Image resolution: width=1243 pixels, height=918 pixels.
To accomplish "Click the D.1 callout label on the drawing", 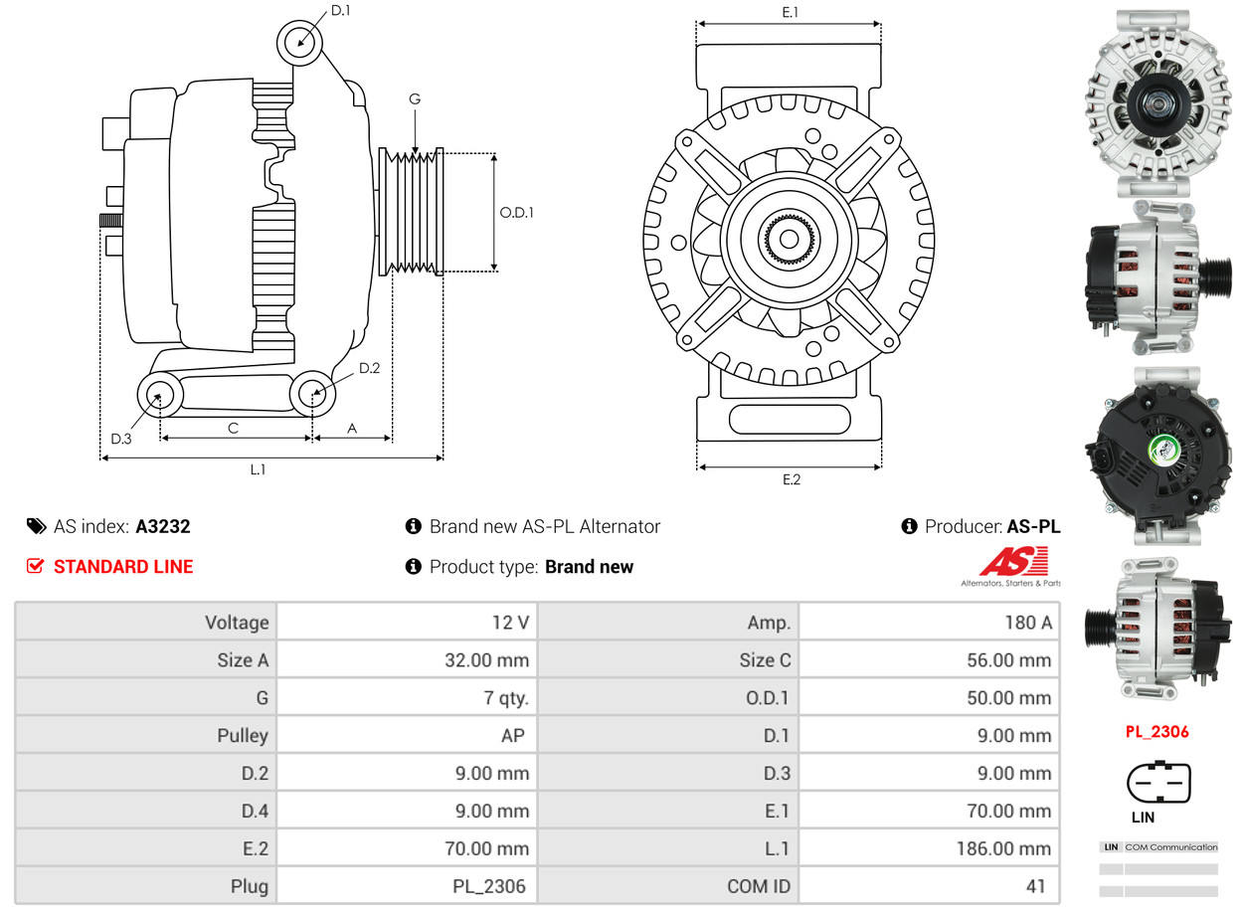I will point(340,11).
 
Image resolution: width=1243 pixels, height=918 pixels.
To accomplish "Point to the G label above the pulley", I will point(415,98).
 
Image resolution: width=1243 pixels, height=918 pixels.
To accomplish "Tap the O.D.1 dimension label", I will point(516,212).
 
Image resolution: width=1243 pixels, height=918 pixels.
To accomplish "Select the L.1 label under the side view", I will point(258,469).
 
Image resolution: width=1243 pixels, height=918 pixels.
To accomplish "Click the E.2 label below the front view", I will point(791,479).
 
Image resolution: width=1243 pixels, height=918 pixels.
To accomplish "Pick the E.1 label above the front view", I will point(791,12).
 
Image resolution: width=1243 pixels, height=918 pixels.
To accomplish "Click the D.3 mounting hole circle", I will point(158,397).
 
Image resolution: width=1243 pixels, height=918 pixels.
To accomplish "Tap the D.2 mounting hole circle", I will point(312,394).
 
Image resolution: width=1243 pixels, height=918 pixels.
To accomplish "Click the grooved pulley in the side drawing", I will point(411,211).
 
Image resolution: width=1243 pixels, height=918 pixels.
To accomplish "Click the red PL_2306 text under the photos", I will point(1156,732).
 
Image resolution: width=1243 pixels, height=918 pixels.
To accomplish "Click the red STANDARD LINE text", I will point(123,567).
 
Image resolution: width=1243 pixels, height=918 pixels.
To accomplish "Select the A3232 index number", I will point(163,526).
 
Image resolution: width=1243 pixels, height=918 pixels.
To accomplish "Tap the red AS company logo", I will point(1013,563).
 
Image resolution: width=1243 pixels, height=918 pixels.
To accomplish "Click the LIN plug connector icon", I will point(1157,782).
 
